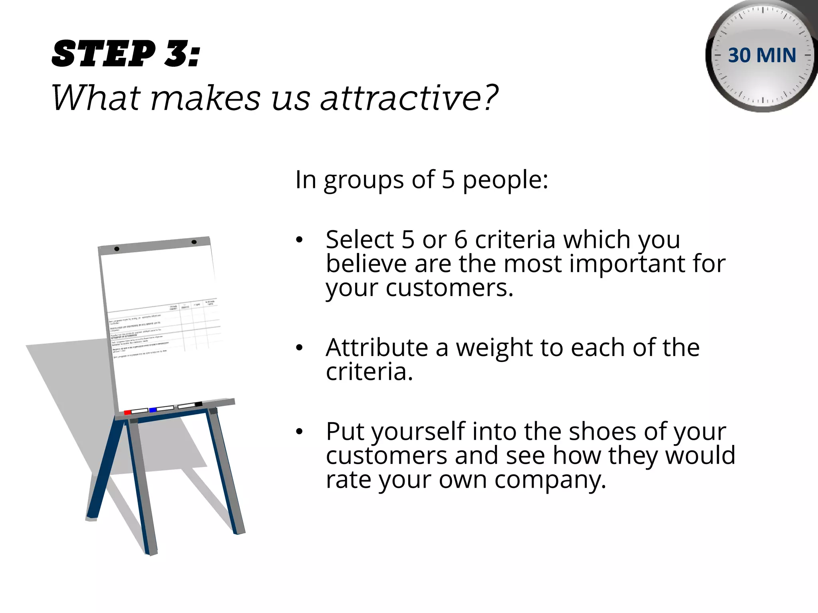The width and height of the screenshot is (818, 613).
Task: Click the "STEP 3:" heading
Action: click(x=126, y=54)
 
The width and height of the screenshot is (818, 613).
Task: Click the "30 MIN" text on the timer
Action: click(x=762, y=55)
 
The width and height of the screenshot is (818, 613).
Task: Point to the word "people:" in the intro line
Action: click(x=506, y=180)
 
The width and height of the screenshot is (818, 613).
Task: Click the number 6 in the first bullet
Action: click(x=461, y=240)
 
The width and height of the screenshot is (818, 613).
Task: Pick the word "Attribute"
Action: click(x=377, y=348)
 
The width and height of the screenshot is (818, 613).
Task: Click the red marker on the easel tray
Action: click(x=127, y=412)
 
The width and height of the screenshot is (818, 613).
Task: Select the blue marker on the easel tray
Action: click(x=153, y=410)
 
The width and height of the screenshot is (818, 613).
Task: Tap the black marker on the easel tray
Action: click(x=199, y=404)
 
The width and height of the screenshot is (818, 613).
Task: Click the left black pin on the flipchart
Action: click(x=117, y=249)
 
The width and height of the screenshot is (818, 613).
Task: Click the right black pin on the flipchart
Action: click(x=194, y=242)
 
